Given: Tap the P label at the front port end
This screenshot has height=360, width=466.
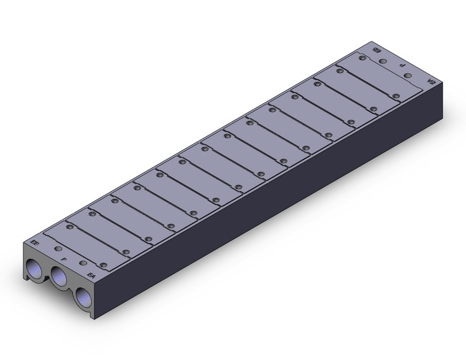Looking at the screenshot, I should (65, 259).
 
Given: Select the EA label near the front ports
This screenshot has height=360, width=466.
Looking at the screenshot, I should (92, 274).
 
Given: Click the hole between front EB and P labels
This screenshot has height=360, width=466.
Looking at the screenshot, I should (58, 249).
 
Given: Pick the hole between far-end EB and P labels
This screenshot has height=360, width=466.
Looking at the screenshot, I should (383, 61).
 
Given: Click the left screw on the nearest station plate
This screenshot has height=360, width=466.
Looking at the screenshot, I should (70, 226).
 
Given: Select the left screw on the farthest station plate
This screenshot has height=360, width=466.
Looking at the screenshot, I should (363, 58).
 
